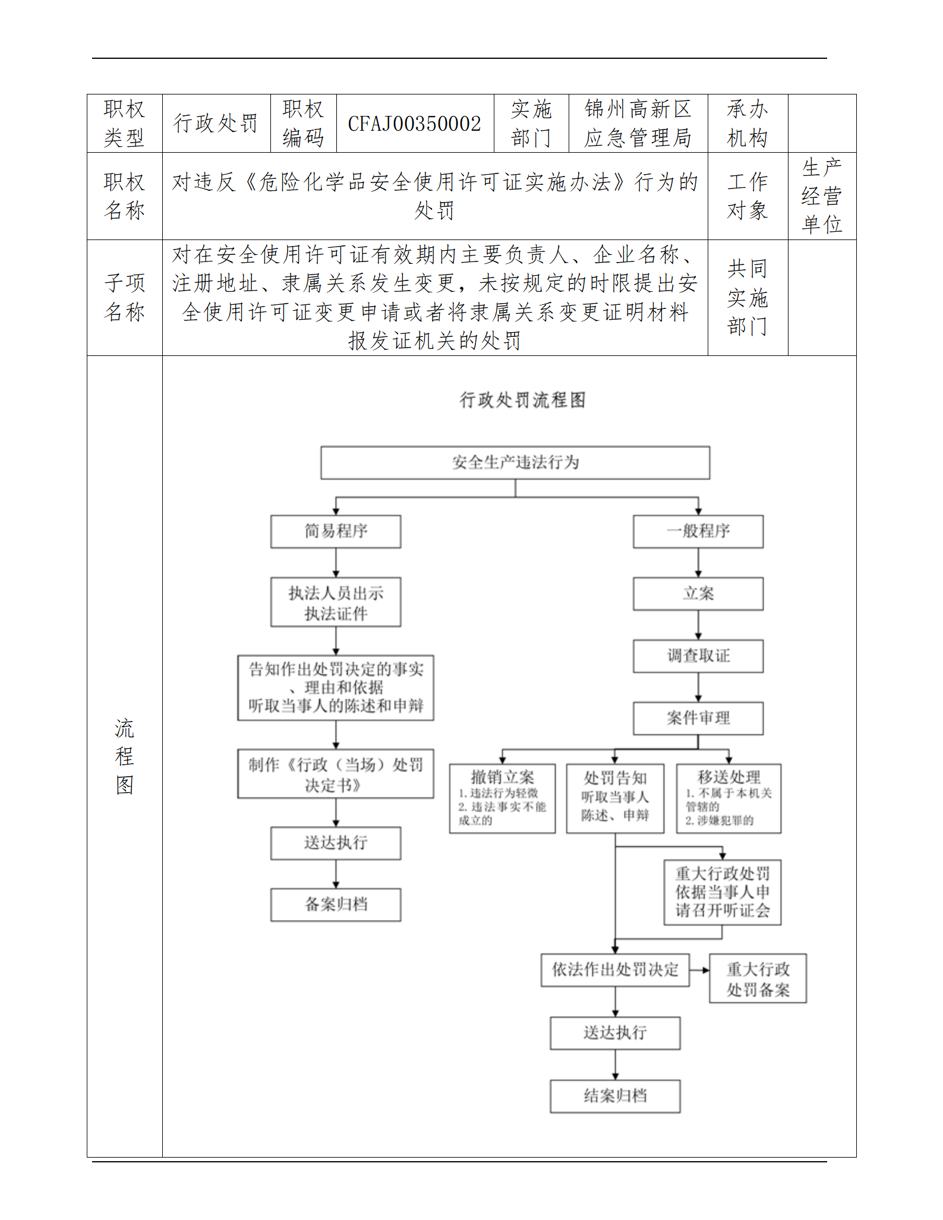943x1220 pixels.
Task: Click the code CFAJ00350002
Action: point(414,124)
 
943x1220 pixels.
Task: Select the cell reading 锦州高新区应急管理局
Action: point(638,124)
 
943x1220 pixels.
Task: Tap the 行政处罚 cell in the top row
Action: point(216,124)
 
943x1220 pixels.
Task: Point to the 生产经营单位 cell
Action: point(822,196)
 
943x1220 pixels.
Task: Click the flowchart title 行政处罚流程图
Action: point(522,400)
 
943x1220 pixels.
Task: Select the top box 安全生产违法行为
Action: point(515,462)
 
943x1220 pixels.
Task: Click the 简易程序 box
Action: point(336,531)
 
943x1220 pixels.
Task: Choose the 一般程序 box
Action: point(698,531)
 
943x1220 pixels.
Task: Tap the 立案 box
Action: point(698,594)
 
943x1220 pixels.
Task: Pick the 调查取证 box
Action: point(698,656)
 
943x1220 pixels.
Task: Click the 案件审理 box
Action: point(698,718)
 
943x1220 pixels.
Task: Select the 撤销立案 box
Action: point(502,798)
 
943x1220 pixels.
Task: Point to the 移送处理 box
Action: point(728,798)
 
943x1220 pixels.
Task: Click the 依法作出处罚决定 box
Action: point(615,970)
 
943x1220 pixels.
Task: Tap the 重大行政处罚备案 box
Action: point(758,979)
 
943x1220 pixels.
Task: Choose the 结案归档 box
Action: point(615,1096)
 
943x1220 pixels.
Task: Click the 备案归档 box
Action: point(336,904)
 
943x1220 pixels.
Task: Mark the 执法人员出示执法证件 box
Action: point(336,602)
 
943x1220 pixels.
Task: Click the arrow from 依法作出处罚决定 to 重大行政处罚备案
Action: point(699,970)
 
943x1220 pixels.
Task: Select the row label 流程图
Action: point(124,756)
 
